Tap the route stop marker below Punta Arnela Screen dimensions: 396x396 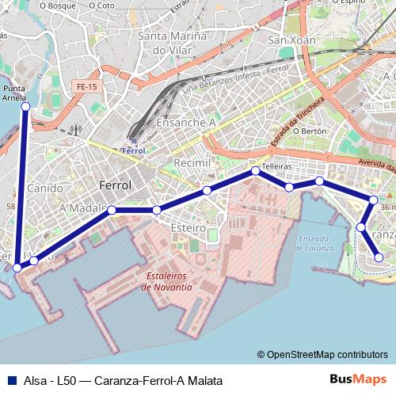(x=25, y=106)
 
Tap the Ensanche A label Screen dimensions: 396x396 (x=186, y=123)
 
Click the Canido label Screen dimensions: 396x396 (x=44, y=188)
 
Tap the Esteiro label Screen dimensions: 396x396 (x=188, y=227)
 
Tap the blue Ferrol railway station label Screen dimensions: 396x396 (x=134, y=150)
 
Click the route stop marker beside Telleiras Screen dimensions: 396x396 (x=256, y=170)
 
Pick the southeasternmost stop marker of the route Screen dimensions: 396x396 (x=379, y=257)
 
